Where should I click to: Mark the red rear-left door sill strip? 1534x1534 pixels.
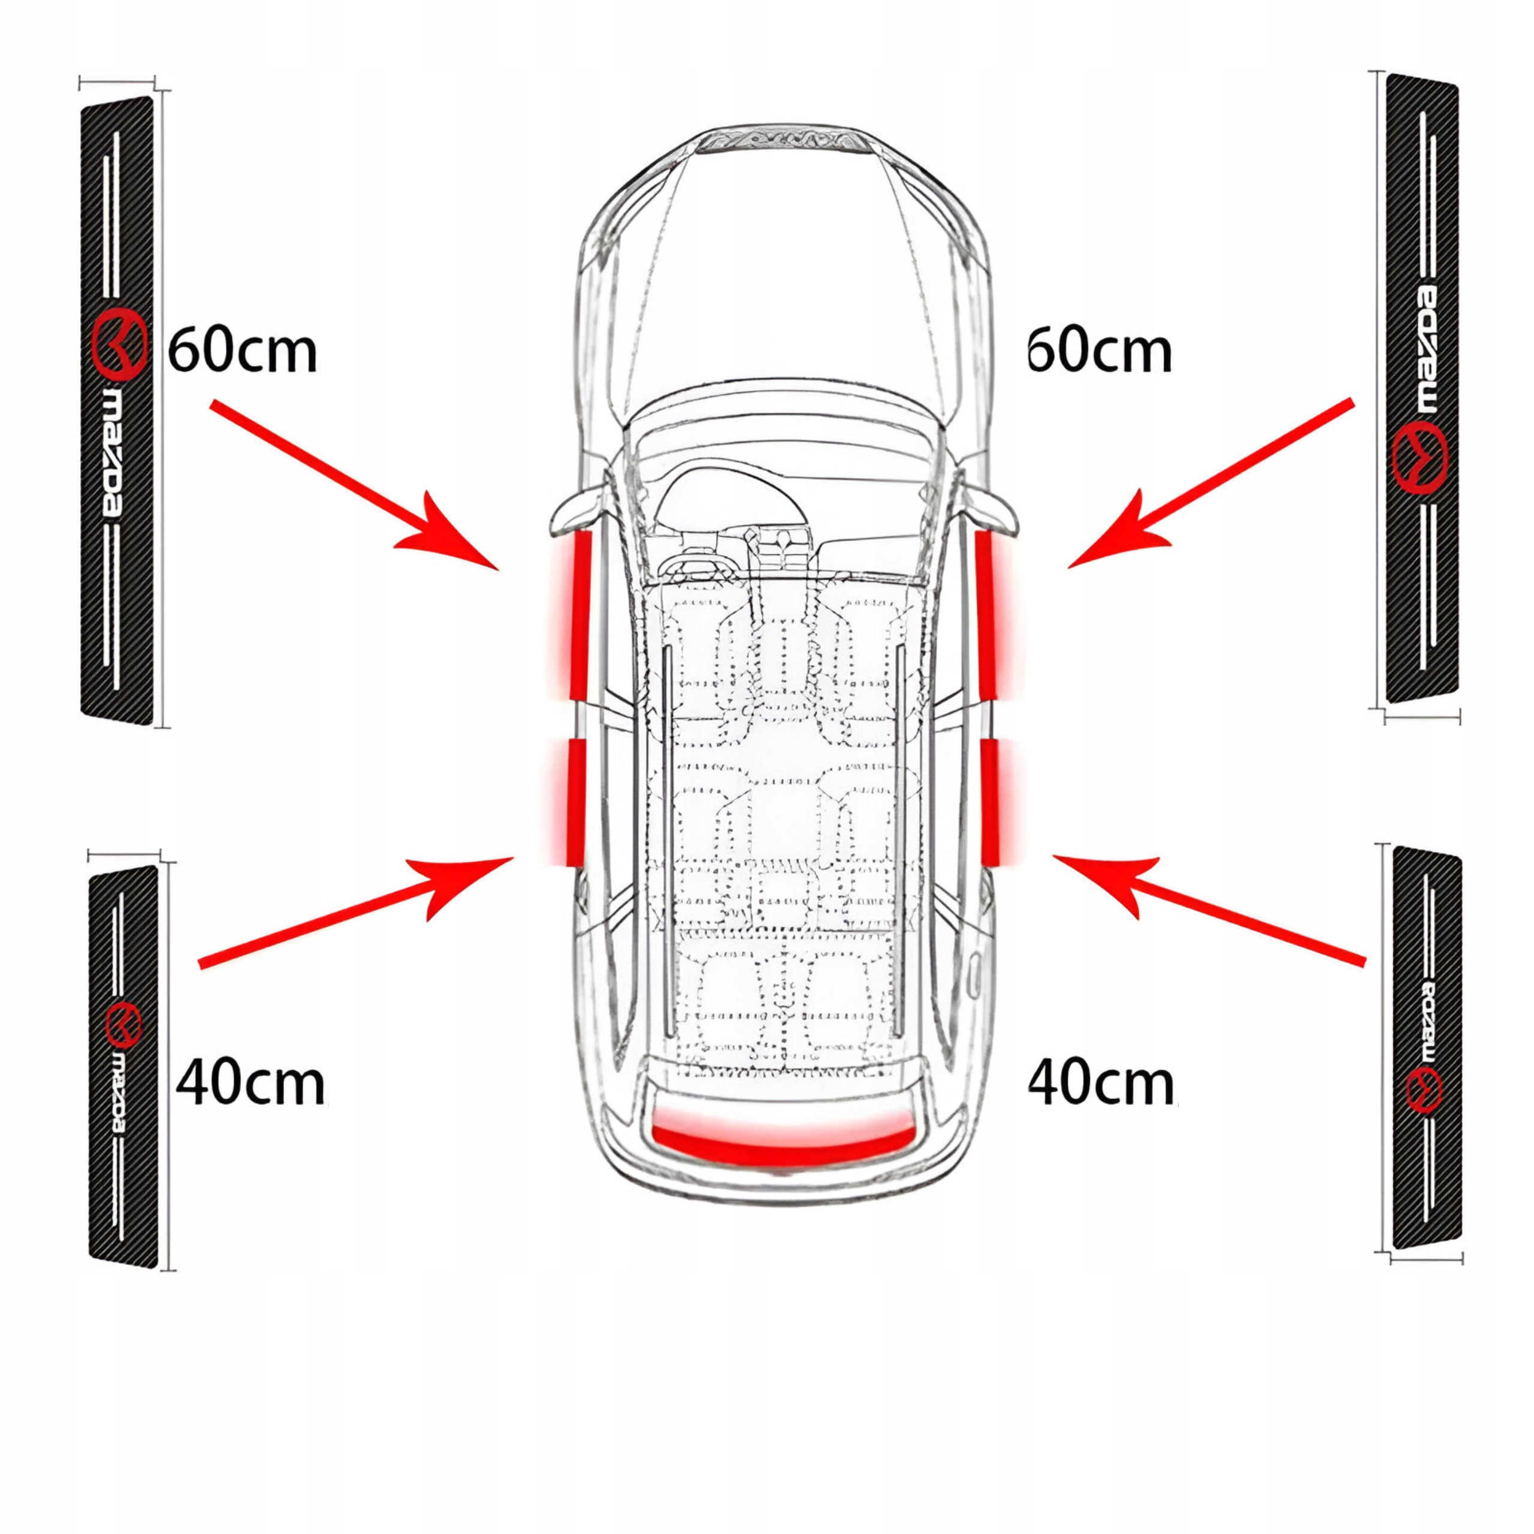click(574, 802)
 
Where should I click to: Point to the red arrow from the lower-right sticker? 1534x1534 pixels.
click(1207, 913)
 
